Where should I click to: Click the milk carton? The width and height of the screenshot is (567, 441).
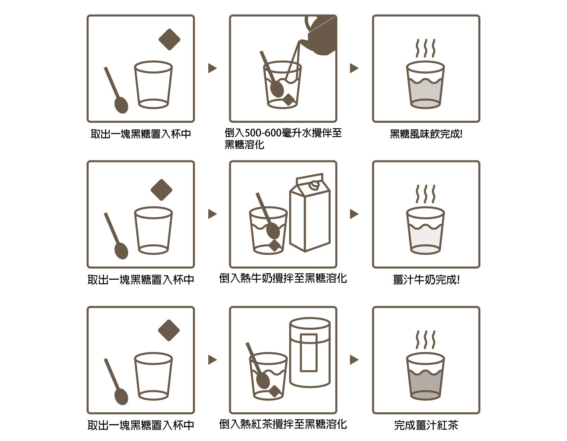310,212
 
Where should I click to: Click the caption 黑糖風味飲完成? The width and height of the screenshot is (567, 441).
426,134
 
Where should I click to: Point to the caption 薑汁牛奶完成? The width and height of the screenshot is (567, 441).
426,280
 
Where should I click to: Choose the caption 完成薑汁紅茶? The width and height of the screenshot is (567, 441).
426,425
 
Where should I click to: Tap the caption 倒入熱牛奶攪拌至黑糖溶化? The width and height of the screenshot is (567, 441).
283,278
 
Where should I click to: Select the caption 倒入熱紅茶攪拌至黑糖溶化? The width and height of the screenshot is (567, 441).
283,424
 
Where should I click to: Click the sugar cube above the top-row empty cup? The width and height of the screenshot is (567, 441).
169,39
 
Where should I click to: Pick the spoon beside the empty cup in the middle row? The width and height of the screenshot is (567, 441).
117,236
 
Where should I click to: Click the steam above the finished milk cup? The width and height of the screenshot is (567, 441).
426,194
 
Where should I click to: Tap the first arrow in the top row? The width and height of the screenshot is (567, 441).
212,68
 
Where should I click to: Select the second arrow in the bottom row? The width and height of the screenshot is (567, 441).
354,360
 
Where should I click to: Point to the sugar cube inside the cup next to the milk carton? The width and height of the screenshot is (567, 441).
274,245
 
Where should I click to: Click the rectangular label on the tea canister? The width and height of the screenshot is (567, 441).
309,352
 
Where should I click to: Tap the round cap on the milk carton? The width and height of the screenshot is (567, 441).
313,185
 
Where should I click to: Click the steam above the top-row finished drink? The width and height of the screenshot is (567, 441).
426,48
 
